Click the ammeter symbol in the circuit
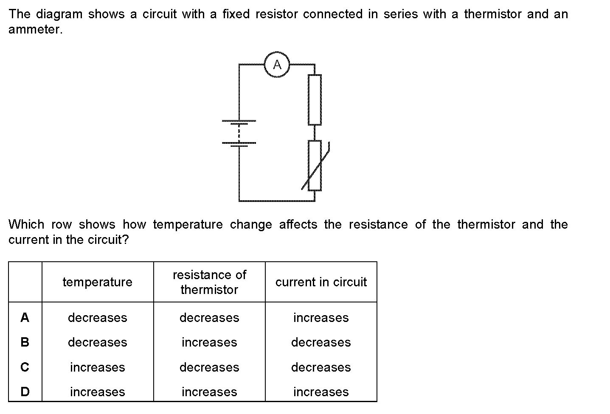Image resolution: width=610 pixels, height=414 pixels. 277,65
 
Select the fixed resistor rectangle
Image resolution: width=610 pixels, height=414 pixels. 315,100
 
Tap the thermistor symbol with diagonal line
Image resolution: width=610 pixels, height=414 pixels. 315,165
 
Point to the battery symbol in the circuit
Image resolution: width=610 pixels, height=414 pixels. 239,133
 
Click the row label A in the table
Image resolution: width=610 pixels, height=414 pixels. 25,317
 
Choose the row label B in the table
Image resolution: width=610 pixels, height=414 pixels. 25,342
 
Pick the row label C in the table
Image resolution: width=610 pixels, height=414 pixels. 25,367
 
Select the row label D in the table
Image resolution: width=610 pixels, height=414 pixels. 25,392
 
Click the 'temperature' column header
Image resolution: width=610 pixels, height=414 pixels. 97,282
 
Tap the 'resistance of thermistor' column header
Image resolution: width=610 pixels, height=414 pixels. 209,282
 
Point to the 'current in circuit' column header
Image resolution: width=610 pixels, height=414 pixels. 321,282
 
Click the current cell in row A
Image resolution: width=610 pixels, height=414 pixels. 321,318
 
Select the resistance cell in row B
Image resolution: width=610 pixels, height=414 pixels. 209,342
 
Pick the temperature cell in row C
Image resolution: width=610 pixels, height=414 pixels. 97,367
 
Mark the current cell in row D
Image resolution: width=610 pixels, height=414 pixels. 321,392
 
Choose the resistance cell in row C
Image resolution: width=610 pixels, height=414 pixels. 209,367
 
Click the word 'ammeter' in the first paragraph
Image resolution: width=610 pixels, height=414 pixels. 35,30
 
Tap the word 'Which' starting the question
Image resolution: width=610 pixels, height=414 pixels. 26,224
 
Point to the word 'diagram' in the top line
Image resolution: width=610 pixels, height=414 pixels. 59,14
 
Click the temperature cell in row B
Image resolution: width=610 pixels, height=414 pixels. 97,342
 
